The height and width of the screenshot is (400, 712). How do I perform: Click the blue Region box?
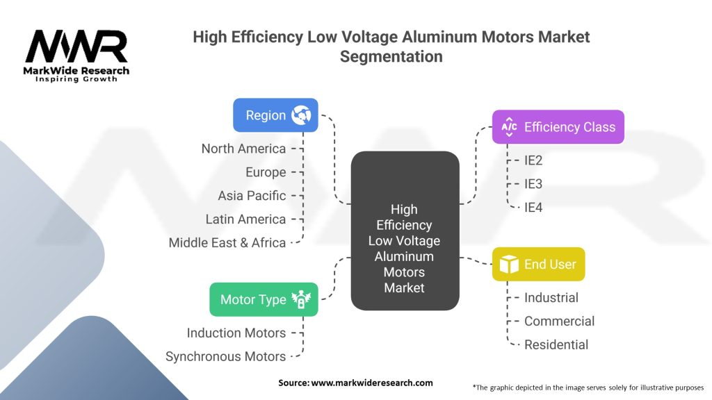[x=275, y=115]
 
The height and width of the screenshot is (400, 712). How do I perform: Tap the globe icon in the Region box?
[x=301, y=115]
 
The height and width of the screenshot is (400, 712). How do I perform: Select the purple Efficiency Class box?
[x=558, y=127]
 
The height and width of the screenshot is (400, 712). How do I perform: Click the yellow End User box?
[x=539, y=264]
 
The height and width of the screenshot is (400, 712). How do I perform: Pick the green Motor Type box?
[x=264, y=299]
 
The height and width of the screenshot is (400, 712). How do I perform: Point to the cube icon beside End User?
[x=509, y=264]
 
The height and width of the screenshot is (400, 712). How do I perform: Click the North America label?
[x=243, y=149]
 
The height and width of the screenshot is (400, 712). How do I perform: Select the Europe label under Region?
[x=266, y=172]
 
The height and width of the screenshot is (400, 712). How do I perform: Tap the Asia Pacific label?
[x=252, y=196]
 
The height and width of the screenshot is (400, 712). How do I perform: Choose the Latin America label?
[x=245, y=219]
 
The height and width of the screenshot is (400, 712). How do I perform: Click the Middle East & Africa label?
[x=227, y=243]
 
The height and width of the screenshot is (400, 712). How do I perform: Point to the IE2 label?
[x=533, y=160]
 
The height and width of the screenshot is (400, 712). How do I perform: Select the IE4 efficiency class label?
[x=533, y=208]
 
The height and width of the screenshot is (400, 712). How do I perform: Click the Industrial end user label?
[x=551, y=297]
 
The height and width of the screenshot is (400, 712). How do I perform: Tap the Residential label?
[x=556, y=344]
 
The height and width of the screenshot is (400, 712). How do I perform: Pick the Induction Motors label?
[x=236, y=333]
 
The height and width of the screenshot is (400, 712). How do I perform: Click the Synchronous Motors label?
[x=226, y=356]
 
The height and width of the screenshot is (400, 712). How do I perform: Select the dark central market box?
[x=405, y=231]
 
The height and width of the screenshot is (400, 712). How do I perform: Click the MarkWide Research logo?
[x=76, y=56]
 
